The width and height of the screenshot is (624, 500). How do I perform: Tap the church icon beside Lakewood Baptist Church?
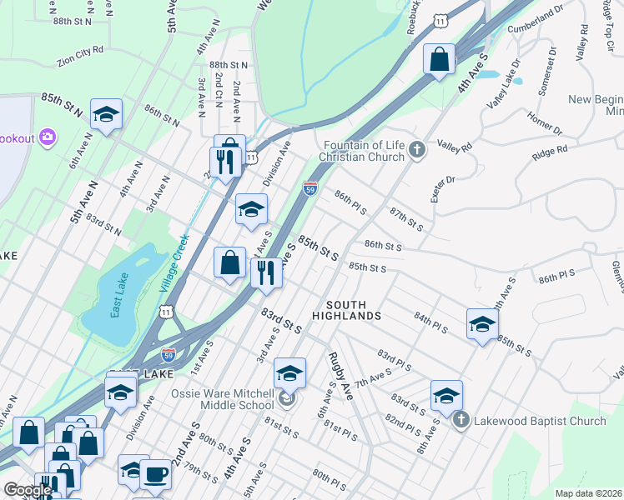(461, 421)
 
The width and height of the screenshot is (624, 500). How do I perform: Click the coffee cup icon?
(155, 475)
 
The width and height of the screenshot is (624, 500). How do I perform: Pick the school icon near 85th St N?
(106, 115)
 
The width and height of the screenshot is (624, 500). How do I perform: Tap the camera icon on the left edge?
(47, 136)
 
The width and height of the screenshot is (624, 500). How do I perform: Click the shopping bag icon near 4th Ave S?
(439, 60)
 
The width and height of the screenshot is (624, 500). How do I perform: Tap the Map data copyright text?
(589, 493)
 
